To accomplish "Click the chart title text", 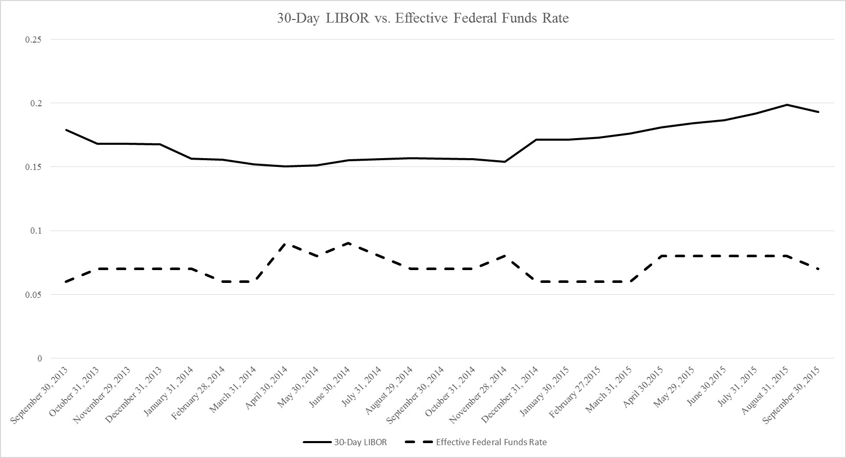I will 423,18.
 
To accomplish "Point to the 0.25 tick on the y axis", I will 33,40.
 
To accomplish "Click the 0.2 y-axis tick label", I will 35,103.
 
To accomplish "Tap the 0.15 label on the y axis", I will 33,167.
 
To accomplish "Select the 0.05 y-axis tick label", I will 33,295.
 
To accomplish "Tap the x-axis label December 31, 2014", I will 510,393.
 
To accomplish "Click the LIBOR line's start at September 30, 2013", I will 66,130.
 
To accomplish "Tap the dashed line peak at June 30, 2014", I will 349,243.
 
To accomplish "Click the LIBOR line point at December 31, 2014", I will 536,140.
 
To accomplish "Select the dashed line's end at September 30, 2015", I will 818,269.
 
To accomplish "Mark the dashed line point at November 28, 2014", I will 505,256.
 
